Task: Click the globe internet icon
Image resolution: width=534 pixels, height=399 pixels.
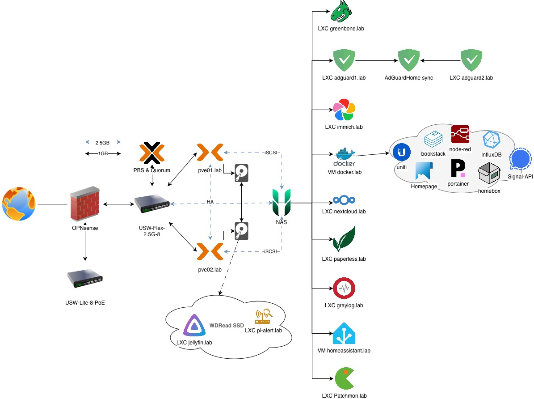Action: (19, 204)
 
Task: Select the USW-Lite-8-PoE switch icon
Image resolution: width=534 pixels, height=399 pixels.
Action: (84, 278)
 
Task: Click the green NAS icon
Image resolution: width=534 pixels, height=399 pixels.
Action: (282, 202)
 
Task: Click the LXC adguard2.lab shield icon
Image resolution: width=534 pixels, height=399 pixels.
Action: (471, 60)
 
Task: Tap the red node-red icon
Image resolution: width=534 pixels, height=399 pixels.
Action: (460, 134)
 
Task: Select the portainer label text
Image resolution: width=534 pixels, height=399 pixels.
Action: (458, 184)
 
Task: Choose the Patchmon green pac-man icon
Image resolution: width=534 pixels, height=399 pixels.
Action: (344, 379)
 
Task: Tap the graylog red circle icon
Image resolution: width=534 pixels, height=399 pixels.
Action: (344, 289)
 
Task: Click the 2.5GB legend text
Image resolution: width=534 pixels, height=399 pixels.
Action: (102, 143)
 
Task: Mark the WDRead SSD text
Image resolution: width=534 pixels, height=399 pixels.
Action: (223, 326)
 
